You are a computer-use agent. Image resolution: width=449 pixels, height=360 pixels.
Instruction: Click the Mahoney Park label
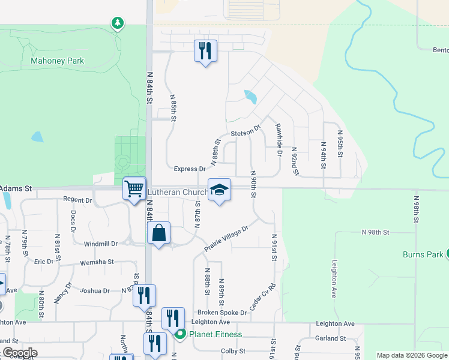click(58, 61)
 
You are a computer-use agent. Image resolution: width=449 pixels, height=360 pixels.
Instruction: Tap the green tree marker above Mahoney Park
click(118, 23)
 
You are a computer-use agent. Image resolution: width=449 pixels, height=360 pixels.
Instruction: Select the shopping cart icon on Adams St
click(134, 188)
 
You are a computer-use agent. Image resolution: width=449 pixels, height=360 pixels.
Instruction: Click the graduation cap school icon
click(219, 190)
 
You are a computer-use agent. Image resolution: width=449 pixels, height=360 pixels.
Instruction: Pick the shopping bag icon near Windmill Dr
click(159, 233)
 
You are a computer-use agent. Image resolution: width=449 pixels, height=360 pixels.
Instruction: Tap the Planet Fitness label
click(215, 334)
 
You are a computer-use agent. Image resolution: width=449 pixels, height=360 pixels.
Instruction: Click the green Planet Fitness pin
click(179, 334)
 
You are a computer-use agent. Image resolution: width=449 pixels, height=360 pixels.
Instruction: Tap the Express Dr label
click(190, 169)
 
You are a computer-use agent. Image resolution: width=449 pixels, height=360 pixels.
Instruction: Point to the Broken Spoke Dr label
click(222, 313)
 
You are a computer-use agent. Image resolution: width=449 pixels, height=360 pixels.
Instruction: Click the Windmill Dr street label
click(100, 244)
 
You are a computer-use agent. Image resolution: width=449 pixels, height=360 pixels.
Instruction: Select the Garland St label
click(330, 338)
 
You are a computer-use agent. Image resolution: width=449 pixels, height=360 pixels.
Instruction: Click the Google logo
click(19, 353)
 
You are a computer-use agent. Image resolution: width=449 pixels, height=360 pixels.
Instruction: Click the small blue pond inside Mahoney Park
click(37, 137)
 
